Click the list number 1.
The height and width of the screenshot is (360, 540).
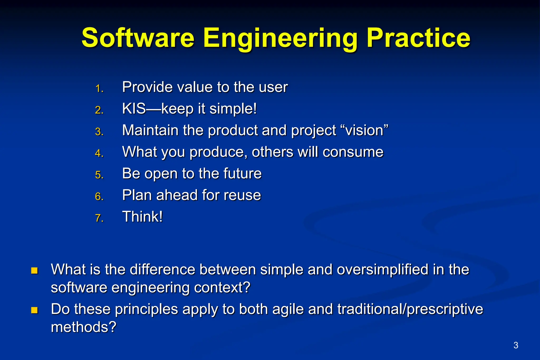[99, 89]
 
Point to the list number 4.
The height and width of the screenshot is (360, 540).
[99, 153]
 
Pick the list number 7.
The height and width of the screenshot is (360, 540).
[99, 218]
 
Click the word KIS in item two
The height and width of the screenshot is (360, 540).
[134, 108]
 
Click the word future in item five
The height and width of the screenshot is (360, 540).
[242, 174]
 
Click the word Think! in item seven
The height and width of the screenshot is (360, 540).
[142, 217]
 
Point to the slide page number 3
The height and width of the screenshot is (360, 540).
[516, 345]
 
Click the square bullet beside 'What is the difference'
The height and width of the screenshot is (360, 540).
[35, 271]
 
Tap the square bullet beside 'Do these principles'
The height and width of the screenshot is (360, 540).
[35, 310]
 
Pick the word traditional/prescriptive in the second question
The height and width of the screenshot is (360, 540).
[410, 309]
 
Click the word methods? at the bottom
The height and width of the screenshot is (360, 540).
[84, 327]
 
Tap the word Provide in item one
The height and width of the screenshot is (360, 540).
[147, 87]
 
